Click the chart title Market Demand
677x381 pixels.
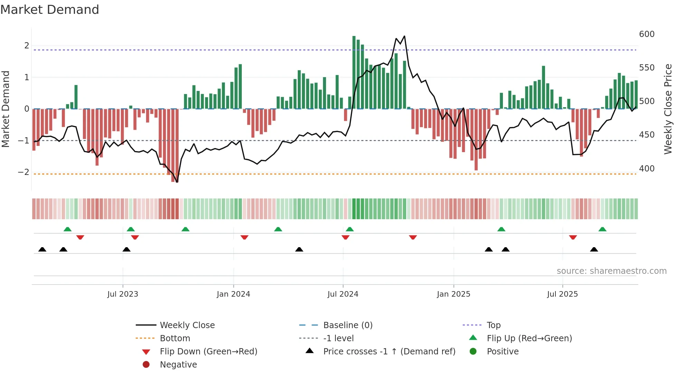(x=50, y=10)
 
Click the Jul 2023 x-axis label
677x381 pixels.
(x=123, y=294)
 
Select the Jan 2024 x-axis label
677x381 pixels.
(x=233, y=294)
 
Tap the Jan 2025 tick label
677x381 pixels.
(x=453, y=294)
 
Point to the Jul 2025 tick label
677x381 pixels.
(x=562, y=294)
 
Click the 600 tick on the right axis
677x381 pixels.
(x=647, y=34)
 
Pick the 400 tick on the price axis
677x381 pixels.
(x=647, y=169)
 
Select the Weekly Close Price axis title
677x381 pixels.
(x=668, y=109)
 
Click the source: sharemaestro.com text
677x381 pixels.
(x=611, y=271)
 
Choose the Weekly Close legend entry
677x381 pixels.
(x=187, y=325)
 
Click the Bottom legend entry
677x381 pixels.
(x=175, y=338)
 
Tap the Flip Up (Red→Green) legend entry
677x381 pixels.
(x=529, y=338)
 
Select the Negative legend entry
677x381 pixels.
(x=178, y=365)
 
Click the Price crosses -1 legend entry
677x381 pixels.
(x=389, y=352)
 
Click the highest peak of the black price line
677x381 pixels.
(x=404, y=36)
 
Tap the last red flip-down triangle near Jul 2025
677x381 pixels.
(x=573, y=238)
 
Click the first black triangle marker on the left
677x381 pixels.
(x=42, y=249)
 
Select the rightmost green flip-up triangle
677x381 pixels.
(x=602, y=229)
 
